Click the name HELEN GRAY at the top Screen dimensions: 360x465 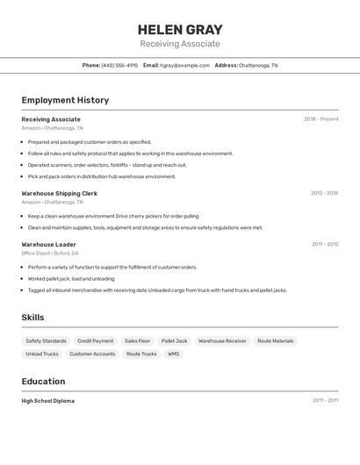point(180,30)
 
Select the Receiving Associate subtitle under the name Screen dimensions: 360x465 point(180,44)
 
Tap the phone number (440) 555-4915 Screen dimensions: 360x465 point(119,65)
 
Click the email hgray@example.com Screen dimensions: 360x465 point(184,65)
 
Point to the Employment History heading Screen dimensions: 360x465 point(65,100)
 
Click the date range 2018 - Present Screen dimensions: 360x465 point(320,119)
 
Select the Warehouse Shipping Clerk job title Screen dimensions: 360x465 point(60,193)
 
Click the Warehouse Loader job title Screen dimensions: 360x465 point(49,245)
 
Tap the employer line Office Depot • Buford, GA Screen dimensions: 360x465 point(50,254)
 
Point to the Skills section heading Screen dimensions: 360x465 point(32,318)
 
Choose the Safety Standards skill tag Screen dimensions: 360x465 point(46,340)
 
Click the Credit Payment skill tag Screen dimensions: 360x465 point(95,340)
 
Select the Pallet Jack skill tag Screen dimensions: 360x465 point(174,340)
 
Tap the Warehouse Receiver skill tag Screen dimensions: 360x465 point(222,340)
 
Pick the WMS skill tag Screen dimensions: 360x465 point(173,354)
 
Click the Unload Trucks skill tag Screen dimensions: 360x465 point(42,354)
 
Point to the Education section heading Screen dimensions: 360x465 point(43,382)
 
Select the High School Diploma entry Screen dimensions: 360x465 point(48,401)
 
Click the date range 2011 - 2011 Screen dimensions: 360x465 point(325,401)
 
